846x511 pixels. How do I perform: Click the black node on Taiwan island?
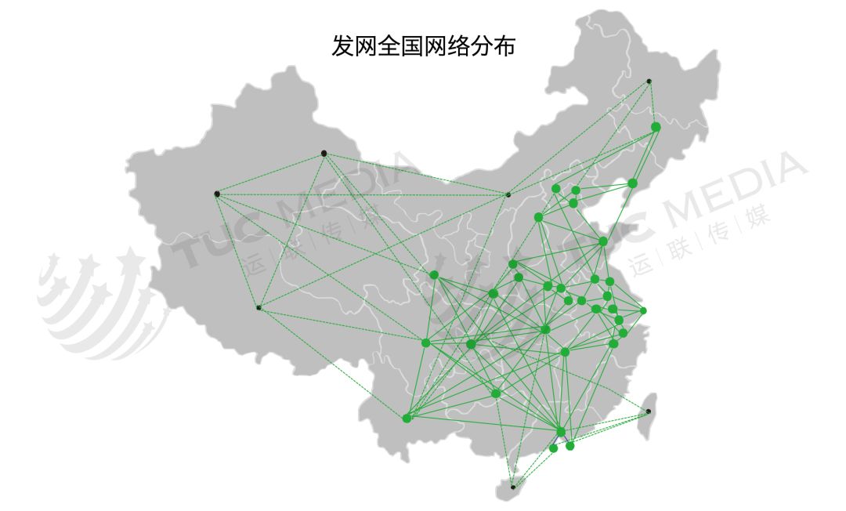tap(649, 411)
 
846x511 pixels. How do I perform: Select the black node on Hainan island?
tap(512, 487)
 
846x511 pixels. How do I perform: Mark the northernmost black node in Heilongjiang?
tap(649, 82)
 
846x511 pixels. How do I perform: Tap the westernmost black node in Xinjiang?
tap(217, 194)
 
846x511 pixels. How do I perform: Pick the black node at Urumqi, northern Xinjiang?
tap(324, 154)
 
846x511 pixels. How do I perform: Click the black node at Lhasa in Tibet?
tap(259, 307)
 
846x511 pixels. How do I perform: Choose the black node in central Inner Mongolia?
tap(508, 195)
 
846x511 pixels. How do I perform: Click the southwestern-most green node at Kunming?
tap(407, 419)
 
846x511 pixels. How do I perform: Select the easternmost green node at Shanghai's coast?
tap(643, 310)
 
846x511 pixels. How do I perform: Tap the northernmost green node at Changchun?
tap(656, 127)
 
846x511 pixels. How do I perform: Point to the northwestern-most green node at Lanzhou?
tap(434, 274)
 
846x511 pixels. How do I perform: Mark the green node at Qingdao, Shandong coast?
tap(603, 241)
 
